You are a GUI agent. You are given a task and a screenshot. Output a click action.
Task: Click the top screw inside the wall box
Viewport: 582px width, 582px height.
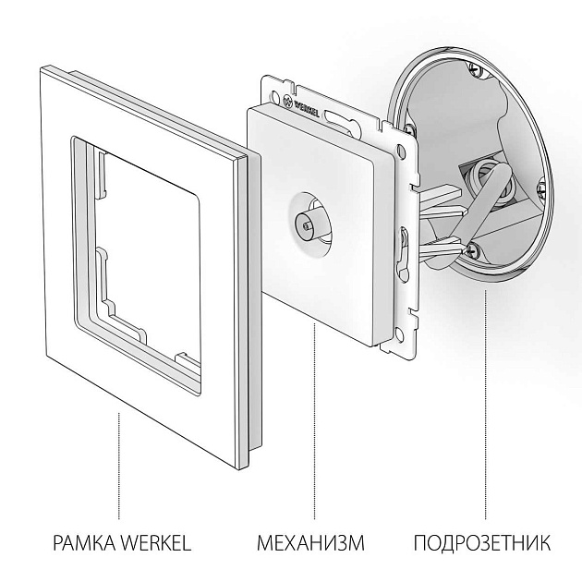[x=475, y=67]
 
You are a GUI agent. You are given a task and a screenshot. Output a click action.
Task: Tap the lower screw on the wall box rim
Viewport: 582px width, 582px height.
[x=473, y=249]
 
